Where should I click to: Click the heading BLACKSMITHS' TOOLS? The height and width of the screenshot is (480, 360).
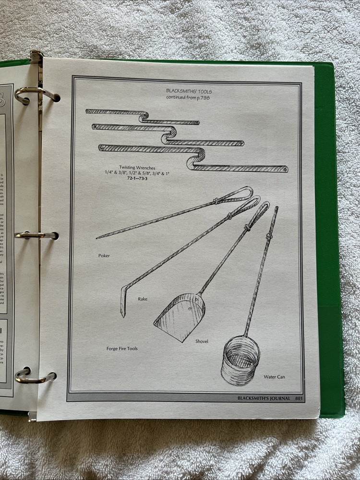(188, 90)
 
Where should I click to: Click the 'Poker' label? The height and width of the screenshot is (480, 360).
(104, 256)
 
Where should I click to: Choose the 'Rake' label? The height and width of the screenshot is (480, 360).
(143, 299)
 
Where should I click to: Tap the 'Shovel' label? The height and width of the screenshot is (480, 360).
(202, 341)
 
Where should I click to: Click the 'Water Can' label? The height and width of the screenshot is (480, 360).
(274, 377)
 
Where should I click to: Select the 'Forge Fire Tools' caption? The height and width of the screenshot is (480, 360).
(122, 348)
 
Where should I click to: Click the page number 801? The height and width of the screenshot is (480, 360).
(299, 398)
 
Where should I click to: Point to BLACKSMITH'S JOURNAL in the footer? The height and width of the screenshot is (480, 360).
(264, 398)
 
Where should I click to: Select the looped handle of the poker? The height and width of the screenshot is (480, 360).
(238, 194)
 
